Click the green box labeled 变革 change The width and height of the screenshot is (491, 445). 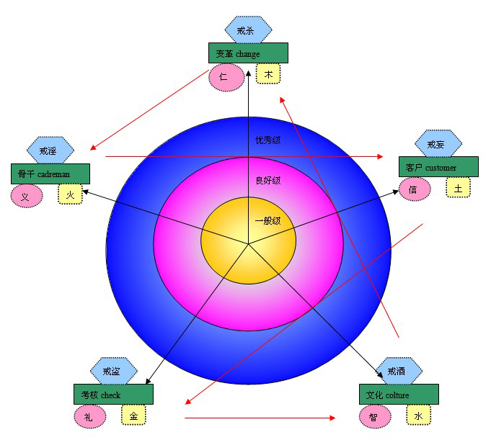click(x=248, y=53)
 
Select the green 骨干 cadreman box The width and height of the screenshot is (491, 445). click(x=50, y=174)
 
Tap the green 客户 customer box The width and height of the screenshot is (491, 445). click(x=438, y=167)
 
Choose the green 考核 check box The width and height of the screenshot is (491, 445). click(x=113, y=395)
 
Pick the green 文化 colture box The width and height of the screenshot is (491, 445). click(x=399, y=395)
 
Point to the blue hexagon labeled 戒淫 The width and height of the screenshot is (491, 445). click(x=50, y=150)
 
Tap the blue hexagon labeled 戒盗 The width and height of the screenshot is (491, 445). click(x=113, y=372)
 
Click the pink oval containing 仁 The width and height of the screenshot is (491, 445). click(x=224, y=76)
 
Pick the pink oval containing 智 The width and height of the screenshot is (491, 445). click(x=374, y=416)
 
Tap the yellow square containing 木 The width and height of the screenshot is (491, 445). click(x=268, y=73)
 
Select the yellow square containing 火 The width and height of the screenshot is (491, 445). click(x=71, y=194)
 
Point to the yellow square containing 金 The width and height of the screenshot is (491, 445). click(x=133, y=415)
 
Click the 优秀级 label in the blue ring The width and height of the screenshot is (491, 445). click(x=267, y=140)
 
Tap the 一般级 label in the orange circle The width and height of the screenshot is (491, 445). click(x=267, y=221)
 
